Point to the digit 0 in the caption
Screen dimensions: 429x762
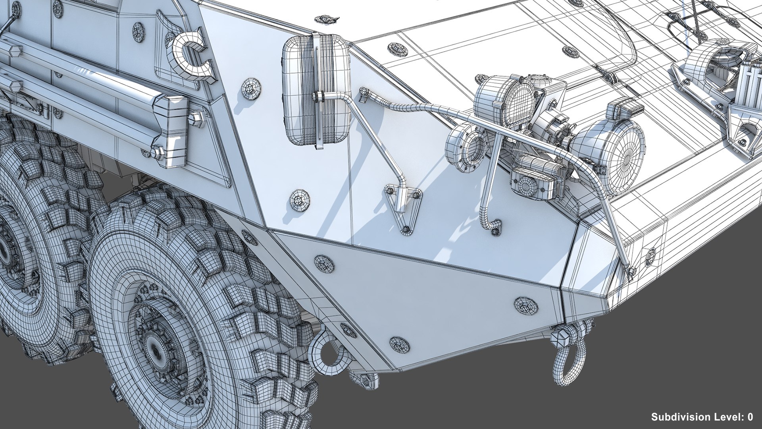tap(750, 417)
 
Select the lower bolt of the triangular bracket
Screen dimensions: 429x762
tap(406, 229)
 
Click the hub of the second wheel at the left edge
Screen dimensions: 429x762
tap(6, 250)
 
